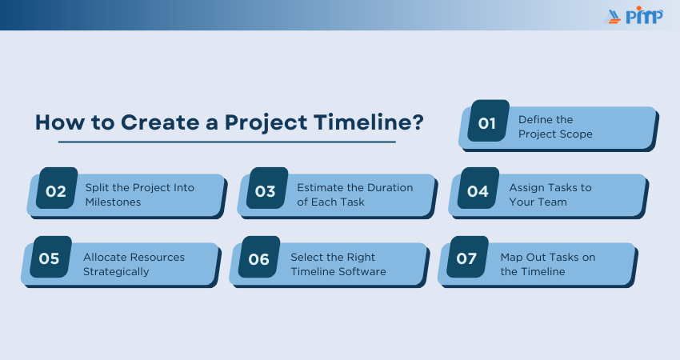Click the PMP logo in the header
pos(634,16)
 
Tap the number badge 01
pos(488,121)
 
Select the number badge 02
pos(56,188)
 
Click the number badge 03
pos(266,188)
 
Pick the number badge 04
pos(478,188)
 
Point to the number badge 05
pos(50,257)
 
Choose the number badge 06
pos(259,257)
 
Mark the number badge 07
pos(467,257)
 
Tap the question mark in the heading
pos(418,122)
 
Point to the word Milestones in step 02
pos(113,202)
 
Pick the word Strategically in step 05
pos(116,272)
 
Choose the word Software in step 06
pos(363,271)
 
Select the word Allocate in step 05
pos(105,258)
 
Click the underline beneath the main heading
pos(227,142)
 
